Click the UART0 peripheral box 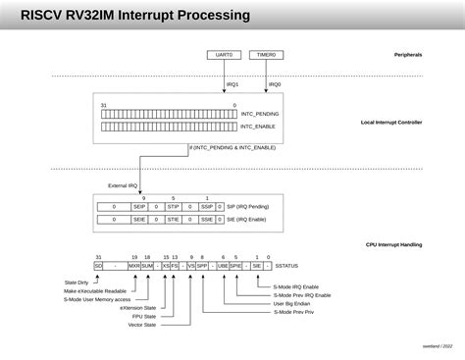225,55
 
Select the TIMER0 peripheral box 265,55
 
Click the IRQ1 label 232,84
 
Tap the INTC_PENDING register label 261,114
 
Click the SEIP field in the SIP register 139,207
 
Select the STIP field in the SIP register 173,207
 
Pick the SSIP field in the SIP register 207,207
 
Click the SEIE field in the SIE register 139,220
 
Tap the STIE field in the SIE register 173,220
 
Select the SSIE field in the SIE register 207,220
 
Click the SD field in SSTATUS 98,266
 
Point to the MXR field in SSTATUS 133,266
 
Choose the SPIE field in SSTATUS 235,266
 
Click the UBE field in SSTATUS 223,266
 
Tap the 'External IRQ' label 124,185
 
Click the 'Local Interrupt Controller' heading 390,122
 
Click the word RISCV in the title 45,16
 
